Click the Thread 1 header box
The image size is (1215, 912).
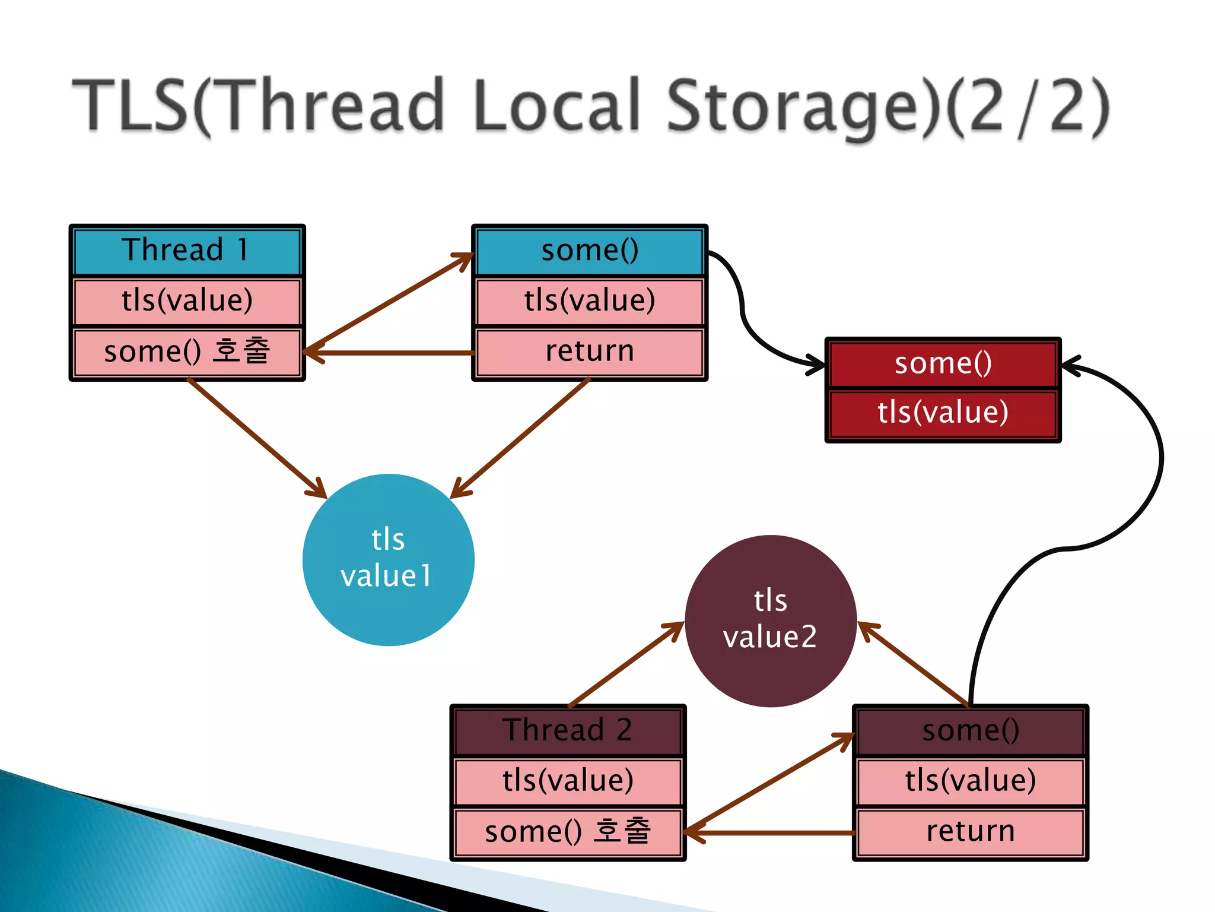click(187, 250)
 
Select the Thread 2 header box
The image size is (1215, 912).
click(568, 730)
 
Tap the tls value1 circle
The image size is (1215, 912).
click(388, 559)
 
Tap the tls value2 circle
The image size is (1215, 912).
click(770, 620)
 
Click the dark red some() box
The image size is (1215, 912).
click(943, 363)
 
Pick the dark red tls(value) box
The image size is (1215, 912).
click(943, 413)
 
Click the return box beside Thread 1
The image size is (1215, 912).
click(590, 351)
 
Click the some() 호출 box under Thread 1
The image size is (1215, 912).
click(187, 351)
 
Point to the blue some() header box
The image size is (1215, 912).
click(590, 250)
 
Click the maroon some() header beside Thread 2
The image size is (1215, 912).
click(970, 730)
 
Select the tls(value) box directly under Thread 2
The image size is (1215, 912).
click(568, 780)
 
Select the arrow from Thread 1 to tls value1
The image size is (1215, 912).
click(255, 437)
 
